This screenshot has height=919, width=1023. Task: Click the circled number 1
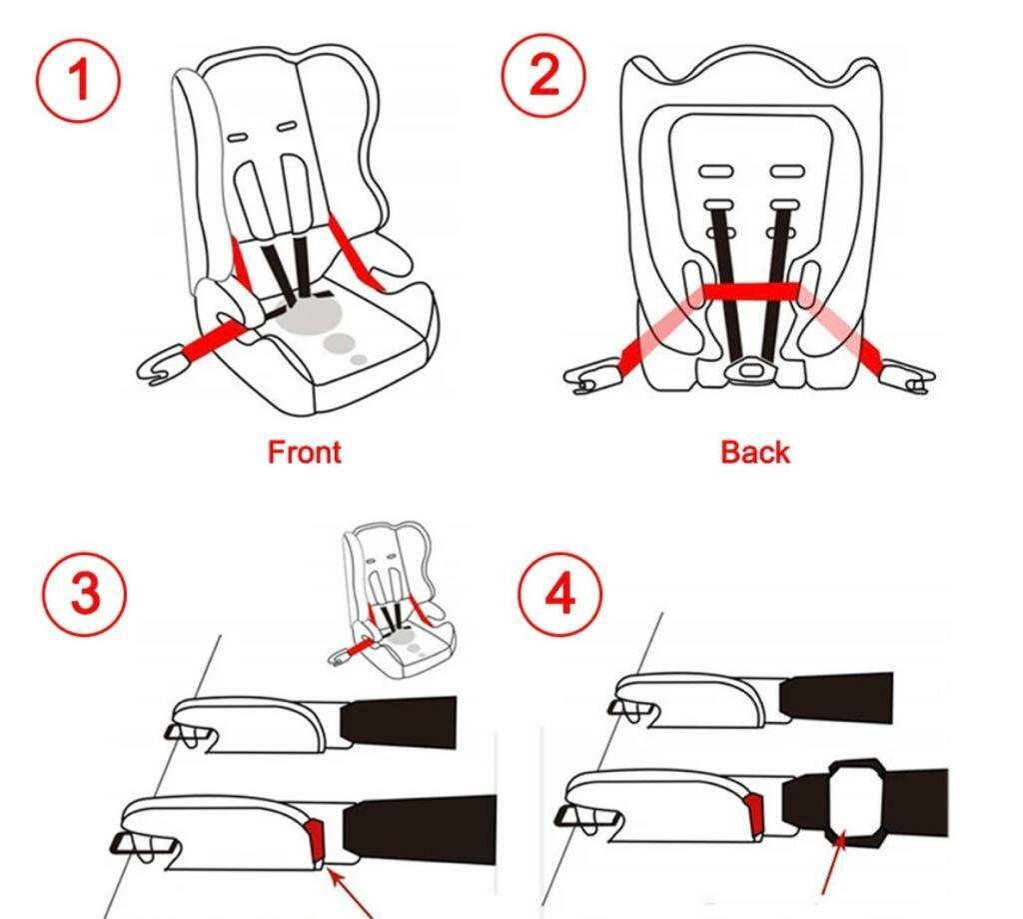point(78,80)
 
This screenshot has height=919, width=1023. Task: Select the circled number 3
point(84,593)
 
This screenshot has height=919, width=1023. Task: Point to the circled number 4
point(560,594)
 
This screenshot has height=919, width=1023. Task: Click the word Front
point(304,452)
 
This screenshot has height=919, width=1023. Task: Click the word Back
point(755,452)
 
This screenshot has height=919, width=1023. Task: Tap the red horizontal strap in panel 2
point(750,291)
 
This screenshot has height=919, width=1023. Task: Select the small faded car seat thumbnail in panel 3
point(392,601)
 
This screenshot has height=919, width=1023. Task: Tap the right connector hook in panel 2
point(909,378)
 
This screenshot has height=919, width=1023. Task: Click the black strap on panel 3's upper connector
point(399,722)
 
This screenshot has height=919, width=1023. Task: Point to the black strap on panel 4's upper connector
point(837,698)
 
